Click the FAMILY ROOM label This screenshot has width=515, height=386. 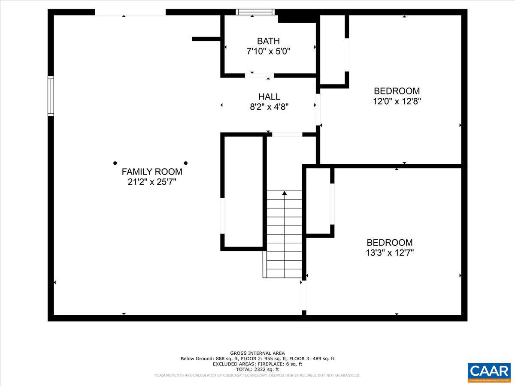pyautogui.click(x=152, y=172)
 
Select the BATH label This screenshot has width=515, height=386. pyautogui.click(x=268, y=41)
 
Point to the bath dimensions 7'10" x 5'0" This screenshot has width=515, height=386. pyautogui.click(x=268, y=51)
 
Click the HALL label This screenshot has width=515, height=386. pyautogui.click(x=269, y=96)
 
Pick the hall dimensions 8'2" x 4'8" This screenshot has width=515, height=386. pyautogui.click(x=269, y=107)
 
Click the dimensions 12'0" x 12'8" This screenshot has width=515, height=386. pyautogui.click(x=397, y=102)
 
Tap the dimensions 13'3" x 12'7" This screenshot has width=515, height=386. pyautogui.click(x=390, y=253)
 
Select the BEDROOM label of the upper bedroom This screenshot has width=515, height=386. pyautogui.click(x=397, y=91)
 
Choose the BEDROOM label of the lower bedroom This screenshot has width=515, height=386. pyautogui.click(x=390, y=242)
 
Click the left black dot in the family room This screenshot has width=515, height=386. pyautogui.click(x=115, y=163)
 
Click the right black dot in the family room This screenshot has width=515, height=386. pyautogui.click(x=186, y=163)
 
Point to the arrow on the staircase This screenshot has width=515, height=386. pyautogui.click(x=284, y=194)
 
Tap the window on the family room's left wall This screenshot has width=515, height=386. pyautogui.click(x=51, y=96)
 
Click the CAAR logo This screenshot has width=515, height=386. pyautogui.click(x=489, y=372)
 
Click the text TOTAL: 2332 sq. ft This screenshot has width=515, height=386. pyautogui.click(x=257, y=369)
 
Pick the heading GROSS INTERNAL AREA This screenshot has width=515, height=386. pyautogui.click(x=257, y=353)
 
